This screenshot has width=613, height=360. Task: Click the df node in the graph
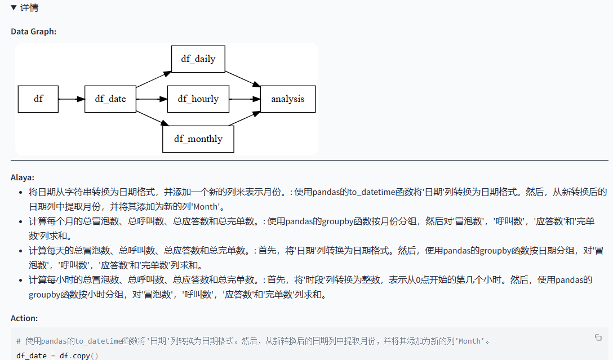(x=38, y=99)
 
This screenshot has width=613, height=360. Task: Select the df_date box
(x=110, y=99)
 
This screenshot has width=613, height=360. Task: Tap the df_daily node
(x=198, y=59)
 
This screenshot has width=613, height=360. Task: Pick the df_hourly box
(x=198, y=99)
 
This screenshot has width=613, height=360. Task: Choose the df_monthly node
(x=198, y=139)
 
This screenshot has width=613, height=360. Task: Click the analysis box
(x=287, y=99)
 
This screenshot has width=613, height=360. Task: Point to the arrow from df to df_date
(x=71, y=99)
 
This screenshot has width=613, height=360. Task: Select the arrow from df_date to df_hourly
(x=152, y=99)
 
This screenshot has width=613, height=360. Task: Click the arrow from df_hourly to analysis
(x=244, y=99)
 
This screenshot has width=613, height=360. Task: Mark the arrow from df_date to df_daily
(x=153, y=79)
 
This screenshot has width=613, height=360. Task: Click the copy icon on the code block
(x=598, y=337)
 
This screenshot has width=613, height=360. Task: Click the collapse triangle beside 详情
(x=14, y=8)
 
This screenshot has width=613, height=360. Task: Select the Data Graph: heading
(x=33, y=32)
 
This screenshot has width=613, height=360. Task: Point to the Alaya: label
(x=23, y=177)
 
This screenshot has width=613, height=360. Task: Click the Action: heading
(x=24, y=318)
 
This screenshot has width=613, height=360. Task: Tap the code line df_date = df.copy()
(x=57, y=355)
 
